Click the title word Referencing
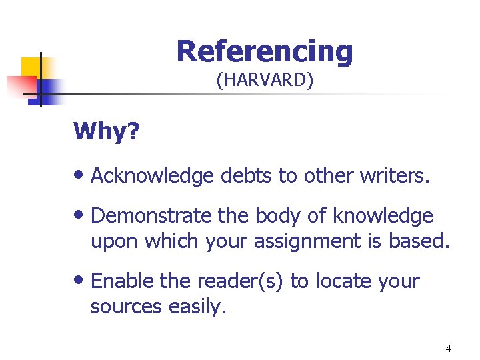265,51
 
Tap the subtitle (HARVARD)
265,81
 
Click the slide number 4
448,349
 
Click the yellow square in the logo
31,67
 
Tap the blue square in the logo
48,91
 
